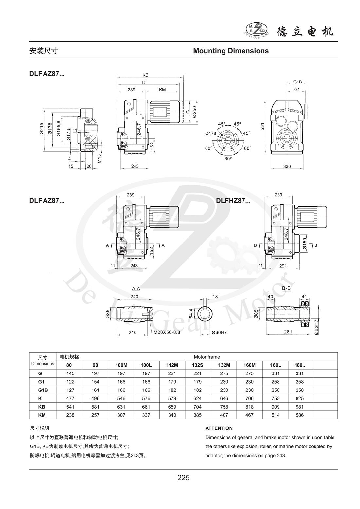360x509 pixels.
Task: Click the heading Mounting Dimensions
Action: tap(231, 51)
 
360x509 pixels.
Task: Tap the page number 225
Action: tap(183, 477)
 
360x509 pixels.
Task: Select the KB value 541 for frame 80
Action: tap(70, 407)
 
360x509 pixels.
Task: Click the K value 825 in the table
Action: tap(299, 398)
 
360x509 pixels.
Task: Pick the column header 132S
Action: tap(197, 365)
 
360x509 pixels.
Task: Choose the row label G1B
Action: tap(43, 390)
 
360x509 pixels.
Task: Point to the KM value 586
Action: tap(299, 415)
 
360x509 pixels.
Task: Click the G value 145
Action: tap(70, 373)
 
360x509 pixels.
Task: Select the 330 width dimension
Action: tap(287, 166)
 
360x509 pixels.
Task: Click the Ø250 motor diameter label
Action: tap(195, 112)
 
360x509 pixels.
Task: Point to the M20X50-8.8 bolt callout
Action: tap(167, 332)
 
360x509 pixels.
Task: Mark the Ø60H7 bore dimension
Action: tap(219, 332)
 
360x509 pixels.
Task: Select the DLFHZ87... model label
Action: tap(233, 201)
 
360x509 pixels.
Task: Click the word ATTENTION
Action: tap(219, 428)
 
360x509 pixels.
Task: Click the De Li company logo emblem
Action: tap(257, 29)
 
